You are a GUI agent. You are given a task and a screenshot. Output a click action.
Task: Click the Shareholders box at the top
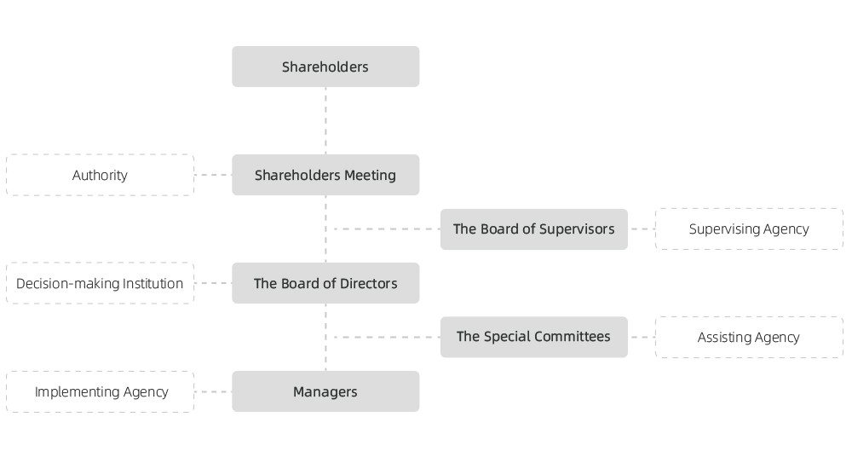(325, 67)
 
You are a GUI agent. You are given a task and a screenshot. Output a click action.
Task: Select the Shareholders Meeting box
(325, 175)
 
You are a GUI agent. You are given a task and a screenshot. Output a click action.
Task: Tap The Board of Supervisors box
(534, 229)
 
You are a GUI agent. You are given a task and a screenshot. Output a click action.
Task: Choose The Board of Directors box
(325, 283)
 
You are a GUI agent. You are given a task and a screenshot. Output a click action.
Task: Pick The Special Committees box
(534, 337)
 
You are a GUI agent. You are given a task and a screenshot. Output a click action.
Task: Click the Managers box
(325, 391)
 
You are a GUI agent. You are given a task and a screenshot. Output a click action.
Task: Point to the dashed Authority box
(100, 175)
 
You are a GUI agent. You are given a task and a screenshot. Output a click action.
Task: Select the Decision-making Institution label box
(100, 283)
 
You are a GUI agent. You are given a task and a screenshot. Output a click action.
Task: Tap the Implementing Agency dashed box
(100, 391)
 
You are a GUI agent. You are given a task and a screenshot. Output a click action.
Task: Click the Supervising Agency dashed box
(749, 229)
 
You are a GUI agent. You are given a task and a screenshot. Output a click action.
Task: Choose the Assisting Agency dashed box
(749, 338)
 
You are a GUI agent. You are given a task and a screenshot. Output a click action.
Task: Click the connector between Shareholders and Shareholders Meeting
(325, 121)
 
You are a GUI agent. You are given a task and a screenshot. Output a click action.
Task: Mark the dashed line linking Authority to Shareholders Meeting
(213, 175)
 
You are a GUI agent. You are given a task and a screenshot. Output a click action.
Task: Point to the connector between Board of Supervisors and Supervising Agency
(642, 229)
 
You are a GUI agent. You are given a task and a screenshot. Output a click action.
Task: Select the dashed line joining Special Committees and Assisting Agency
(642, 338)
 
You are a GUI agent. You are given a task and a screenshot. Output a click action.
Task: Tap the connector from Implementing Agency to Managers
(213, 391)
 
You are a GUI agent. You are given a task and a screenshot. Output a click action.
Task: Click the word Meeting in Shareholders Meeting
(370, 175)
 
